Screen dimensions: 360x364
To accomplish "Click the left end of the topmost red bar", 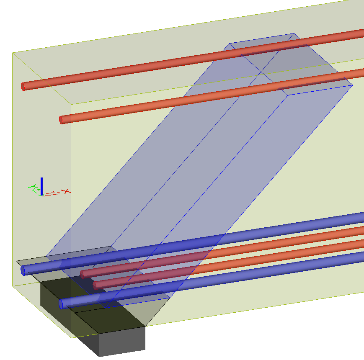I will coord(23,87).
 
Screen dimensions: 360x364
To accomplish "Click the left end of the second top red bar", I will coord(62,120).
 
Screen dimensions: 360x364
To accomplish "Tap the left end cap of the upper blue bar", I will coord(23,270).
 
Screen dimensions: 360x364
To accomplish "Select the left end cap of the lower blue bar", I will coord(61,303).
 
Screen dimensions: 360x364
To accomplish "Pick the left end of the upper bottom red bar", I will coord(83,274).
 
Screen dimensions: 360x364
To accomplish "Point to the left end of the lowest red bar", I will coord(96,285).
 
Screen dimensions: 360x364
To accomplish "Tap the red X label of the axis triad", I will coord(66,192).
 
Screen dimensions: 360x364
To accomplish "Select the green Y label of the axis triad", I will coord(31,187).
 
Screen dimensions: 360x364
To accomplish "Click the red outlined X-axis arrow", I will coord(51,194).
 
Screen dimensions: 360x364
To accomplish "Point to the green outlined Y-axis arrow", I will coord(37,191).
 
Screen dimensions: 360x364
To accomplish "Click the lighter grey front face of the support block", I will coord(122,341).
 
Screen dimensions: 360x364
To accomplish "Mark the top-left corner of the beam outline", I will coord(13,53).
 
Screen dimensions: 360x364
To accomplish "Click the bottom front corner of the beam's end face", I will coord(72,338).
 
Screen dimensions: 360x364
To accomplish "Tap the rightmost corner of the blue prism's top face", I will coord(352,85).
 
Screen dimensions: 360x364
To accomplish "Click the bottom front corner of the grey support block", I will coord(99,357).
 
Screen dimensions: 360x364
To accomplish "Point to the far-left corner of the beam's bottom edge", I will coord(13,286).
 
